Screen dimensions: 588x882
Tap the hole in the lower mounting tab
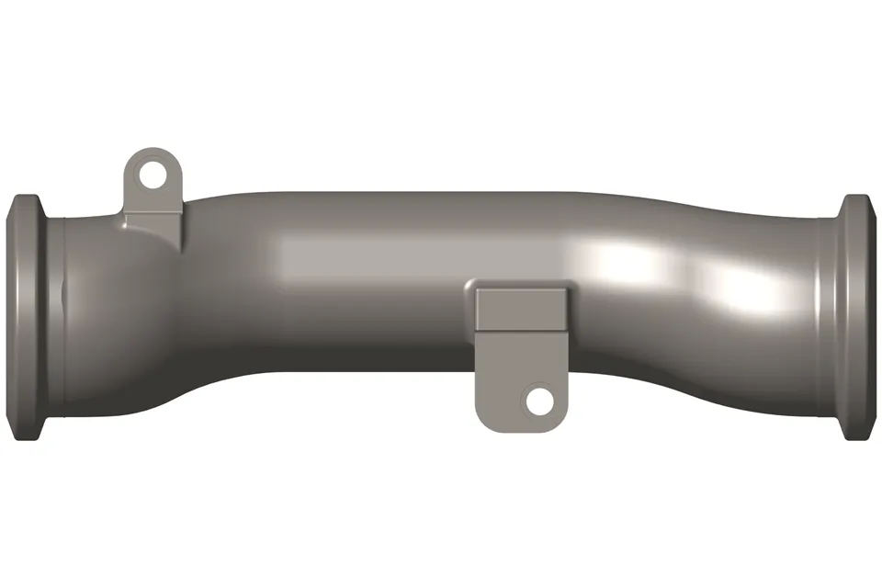click(537, 400)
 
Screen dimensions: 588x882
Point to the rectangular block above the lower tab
click(519, 306)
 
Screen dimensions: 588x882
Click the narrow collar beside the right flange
click(827, 317)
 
